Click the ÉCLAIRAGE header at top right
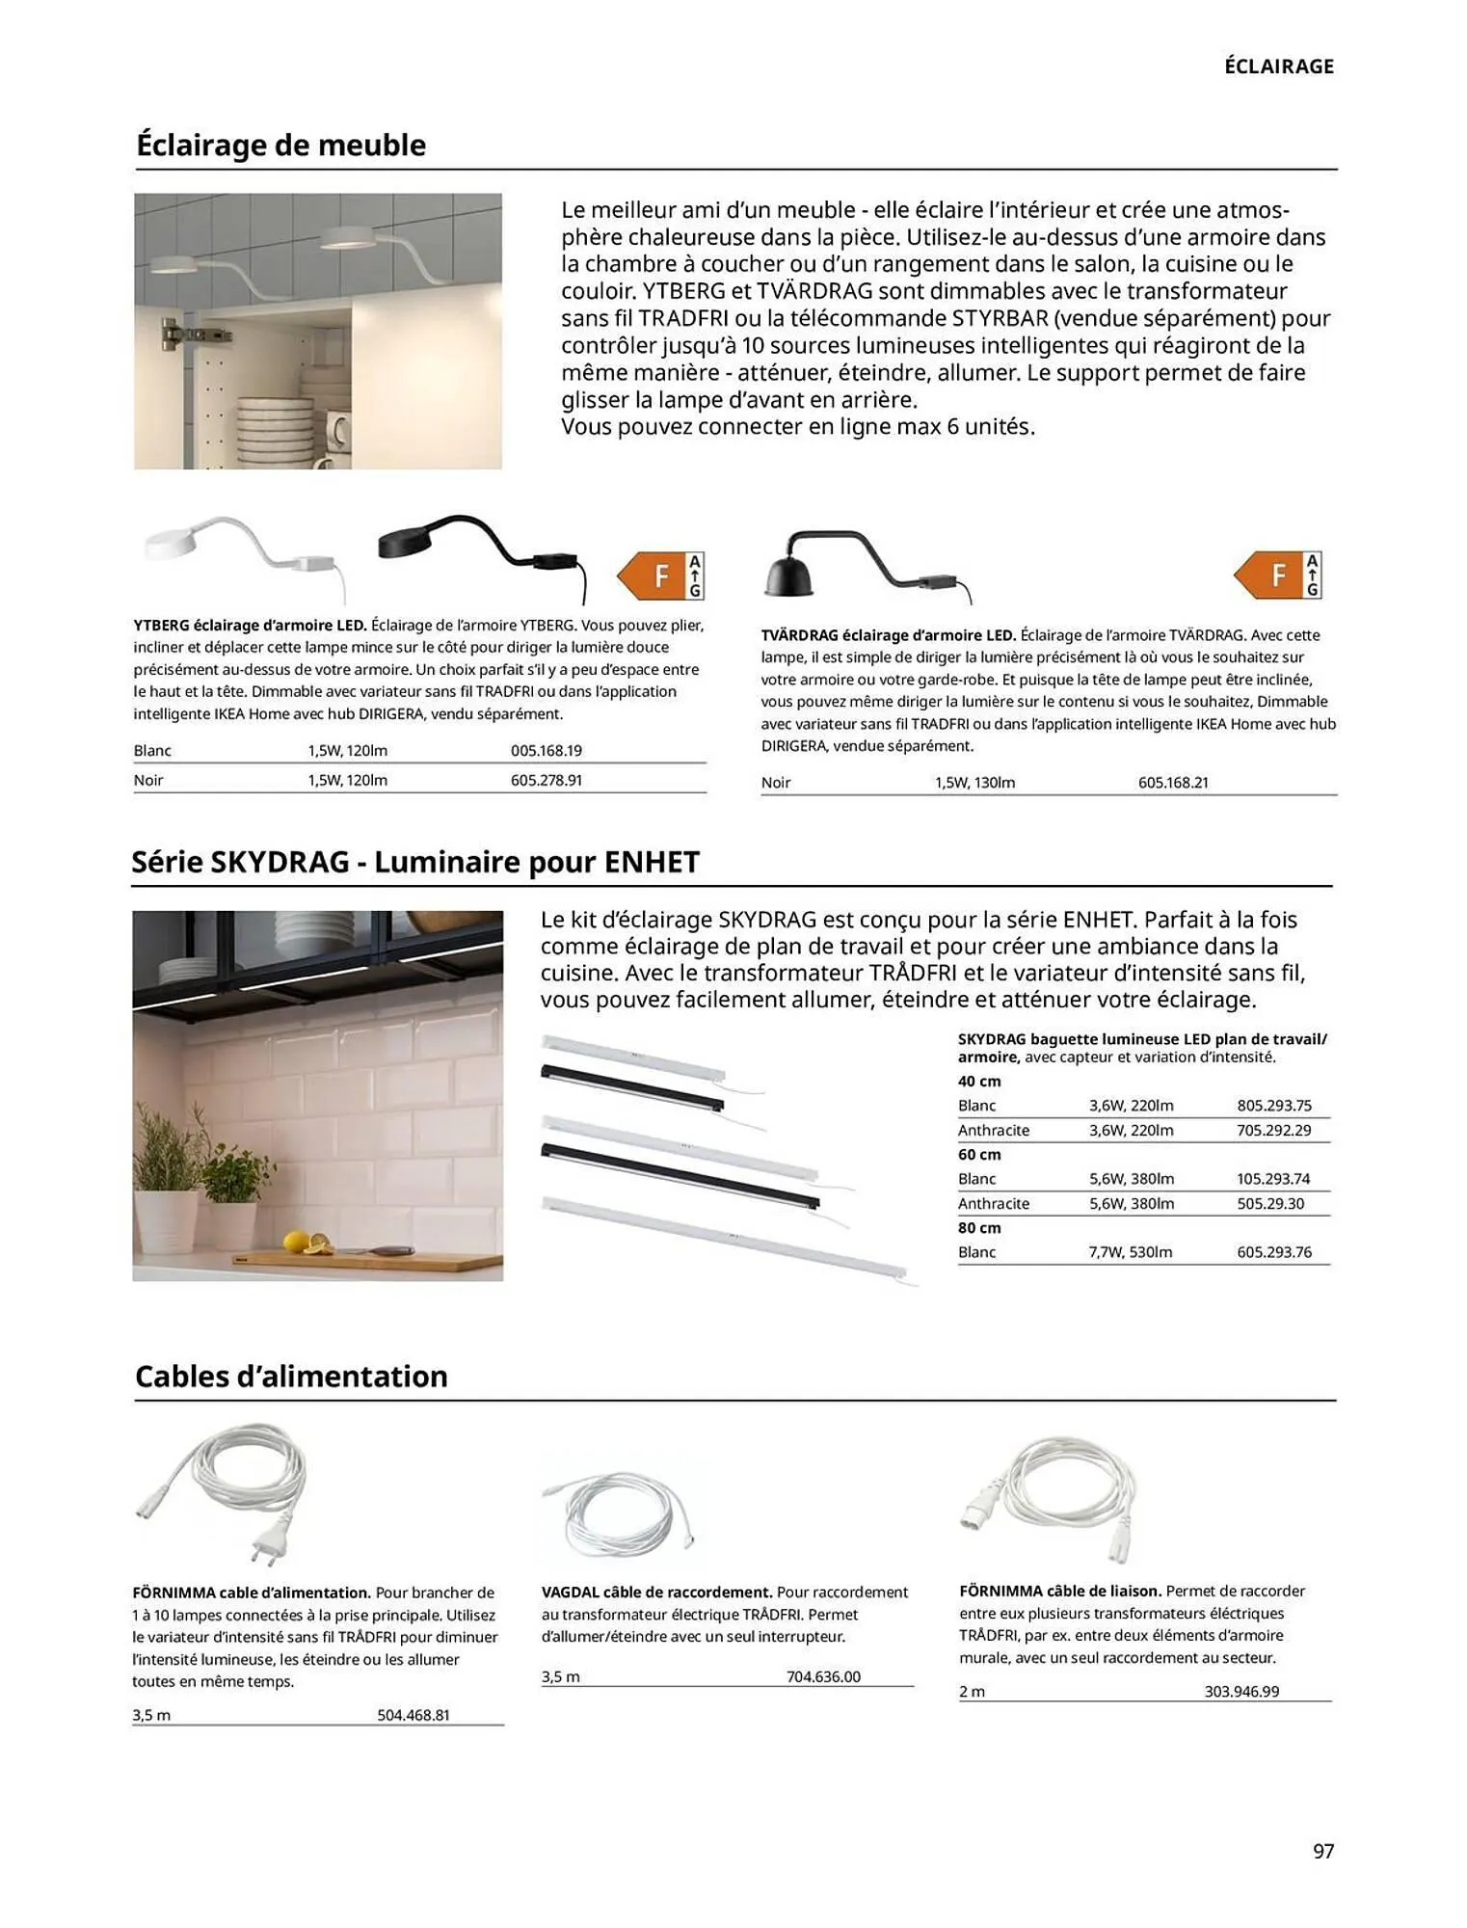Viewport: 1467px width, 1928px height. tap(1278, 67)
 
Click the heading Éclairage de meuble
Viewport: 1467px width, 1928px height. tap(280, 146)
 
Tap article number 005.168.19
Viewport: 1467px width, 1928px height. tap(546, 750)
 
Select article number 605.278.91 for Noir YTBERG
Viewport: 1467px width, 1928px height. tap(546, 780)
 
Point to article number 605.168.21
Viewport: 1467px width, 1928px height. tap(1172, 782)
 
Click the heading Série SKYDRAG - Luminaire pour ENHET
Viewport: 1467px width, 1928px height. tap(415, 862)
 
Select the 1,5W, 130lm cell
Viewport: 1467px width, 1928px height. tap(974, 782)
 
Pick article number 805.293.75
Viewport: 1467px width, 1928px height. tap(1273, 1105)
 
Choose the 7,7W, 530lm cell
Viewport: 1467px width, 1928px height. tap(1130, 1251)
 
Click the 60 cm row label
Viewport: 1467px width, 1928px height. tap(978, 1154)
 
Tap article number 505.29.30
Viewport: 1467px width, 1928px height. tap(1269, 1203)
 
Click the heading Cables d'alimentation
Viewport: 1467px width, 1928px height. tap(291, 1376)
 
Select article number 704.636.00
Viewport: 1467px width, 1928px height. tap(822, 1676)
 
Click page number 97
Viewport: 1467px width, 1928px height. tap(1322, 1850)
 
